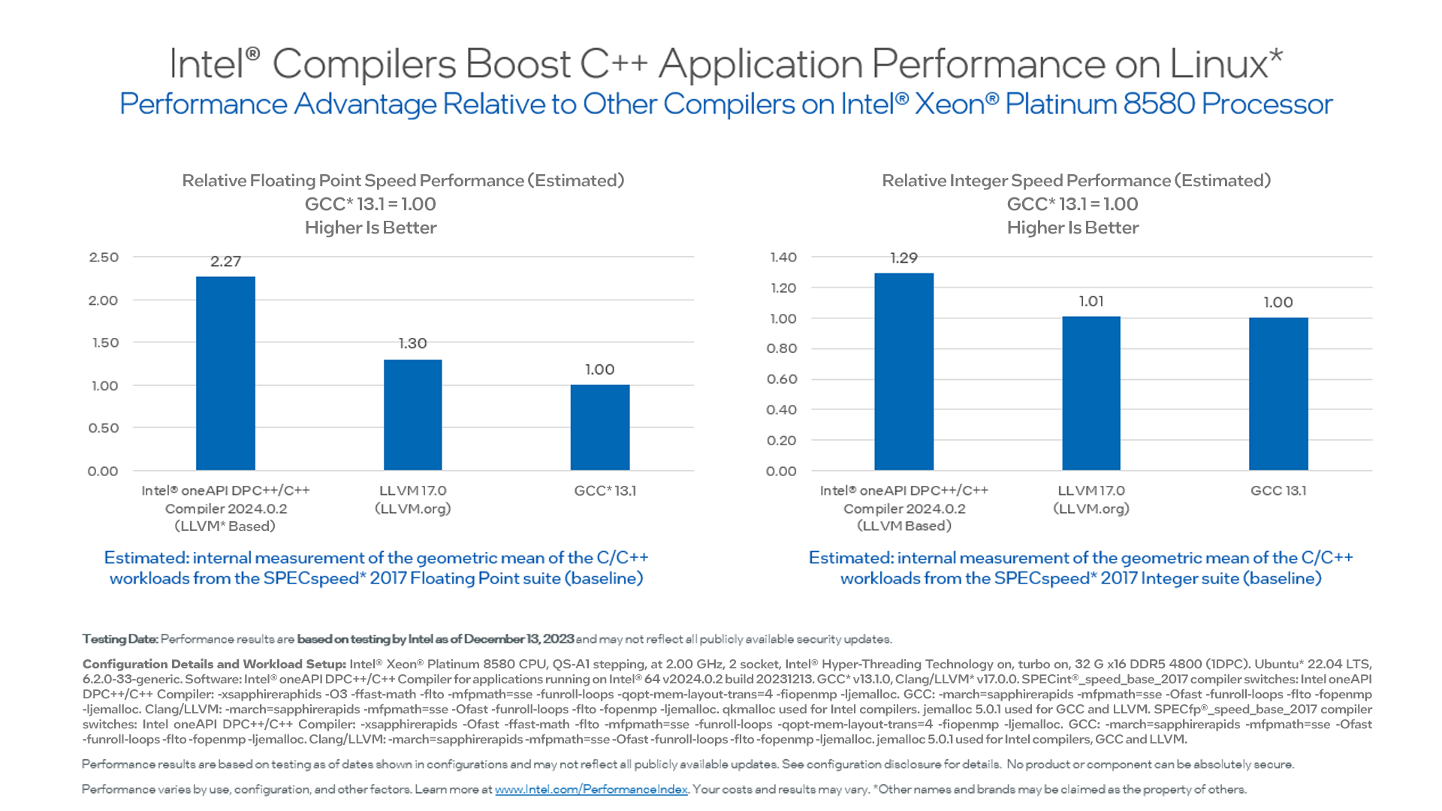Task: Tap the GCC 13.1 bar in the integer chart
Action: (1278, 393)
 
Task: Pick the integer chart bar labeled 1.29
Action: (904, 372)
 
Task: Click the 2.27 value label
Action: (225, 261)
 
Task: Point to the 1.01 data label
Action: (1091, 301)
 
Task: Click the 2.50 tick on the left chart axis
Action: (104, 258)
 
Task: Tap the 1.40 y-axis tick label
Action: (783, 258)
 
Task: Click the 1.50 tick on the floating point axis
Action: (104, 342)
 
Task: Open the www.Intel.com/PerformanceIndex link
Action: (591, 789)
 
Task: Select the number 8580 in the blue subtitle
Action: (1159, 104)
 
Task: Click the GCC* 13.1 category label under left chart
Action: (605, 490)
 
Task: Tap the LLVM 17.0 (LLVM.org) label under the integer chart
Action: (1091, 499)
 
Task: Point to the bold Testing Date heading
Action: (120, 639)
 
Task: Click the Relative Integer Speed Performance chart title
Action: (1075, 180)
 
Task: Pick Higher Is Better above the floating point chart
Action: (370, 228)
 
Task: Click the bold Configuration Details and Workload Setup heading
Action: (214, 664)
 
